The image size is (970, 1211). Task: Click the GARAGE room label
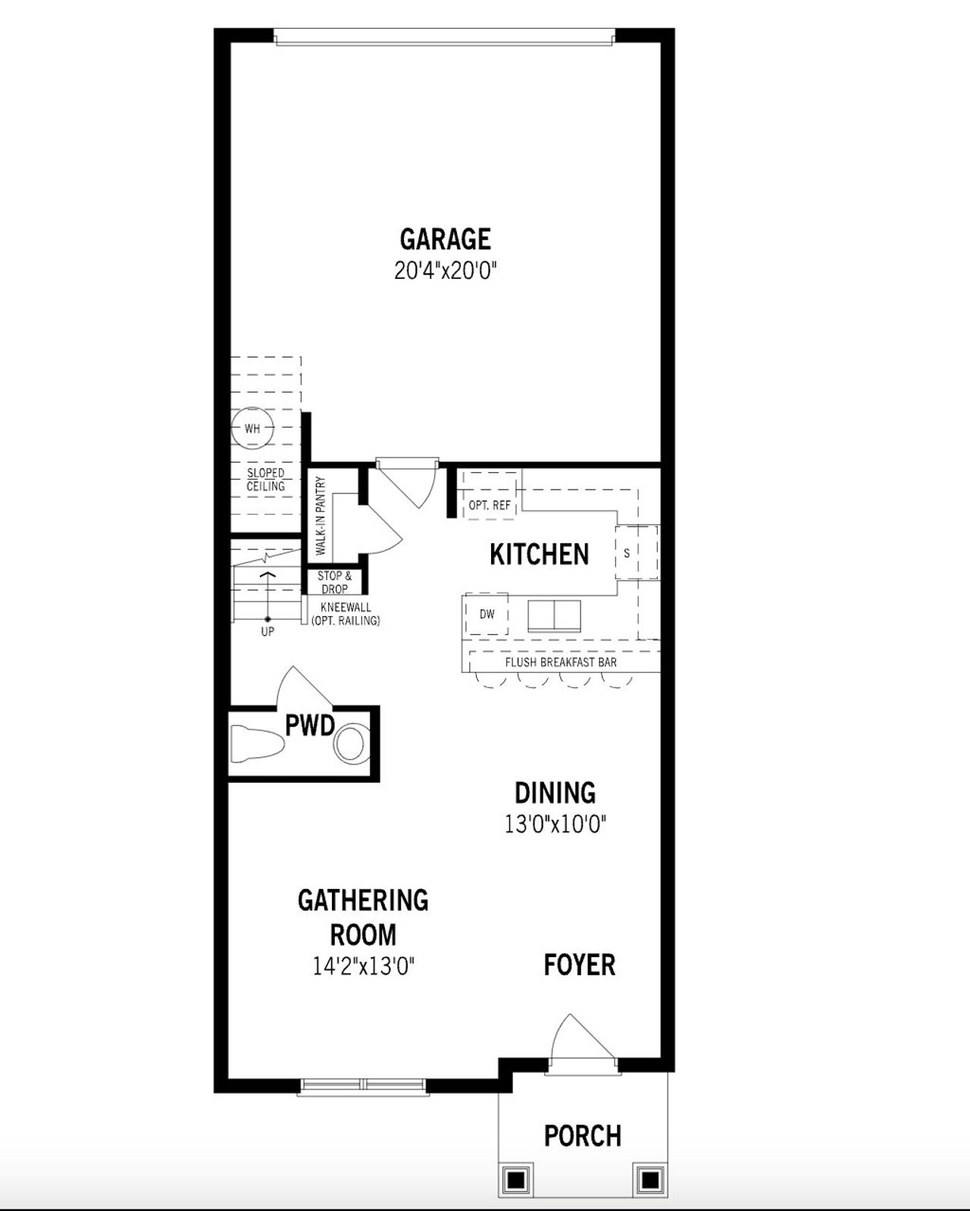[x=445, y=239]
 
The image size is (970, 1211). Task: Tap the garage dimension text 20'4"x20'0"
[x=445, y=271]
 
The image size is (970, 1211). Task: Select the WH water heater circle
[x=252, y=429]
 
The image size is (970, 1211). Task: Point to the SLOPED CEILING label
[x=265, y=480]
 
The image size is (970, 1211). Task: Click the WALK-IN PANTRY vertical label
[x=321, y=515]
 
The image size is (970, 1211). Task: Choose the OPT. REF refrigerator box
[x=489, y=504]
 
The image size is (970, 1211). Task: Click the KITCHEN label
[x=539, y=555]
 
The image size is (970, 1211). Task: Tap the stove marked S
[x=627, y=553]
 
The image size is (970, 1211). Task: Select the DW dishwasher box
[x=487, y=614]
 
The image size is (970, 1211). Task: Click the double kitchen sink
[x=554, y=615]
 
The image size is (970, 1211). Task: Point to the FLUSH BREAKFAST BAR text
[x=561, y=662]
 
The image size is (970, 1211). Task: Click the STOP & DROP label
[x=334, y=582]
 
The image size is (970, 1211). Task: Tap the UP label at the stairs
[x=268, y=631]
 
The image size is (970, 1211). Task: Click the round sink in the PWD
[x=350, y=744]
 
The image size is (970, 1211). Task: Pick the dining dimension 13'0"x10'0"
[x=555, y=824]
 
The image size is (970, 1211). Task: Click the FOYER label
[x=580, y=965]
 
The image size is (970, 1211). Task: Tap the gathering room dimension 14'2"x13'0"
[x=364, y=966]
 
